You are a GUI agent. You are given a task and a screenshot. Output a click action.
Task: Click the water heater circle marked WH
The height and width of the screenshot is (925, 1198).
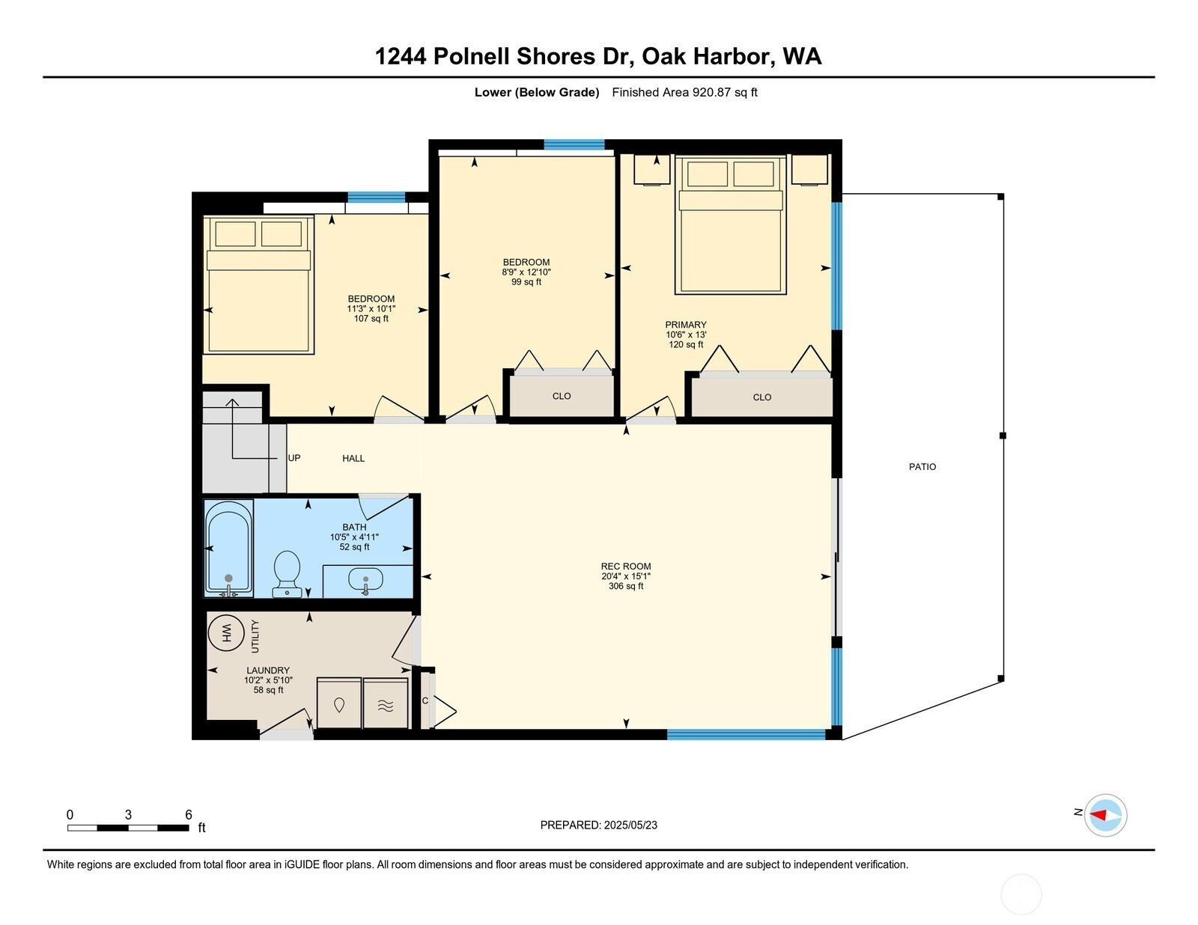tap(226, 633)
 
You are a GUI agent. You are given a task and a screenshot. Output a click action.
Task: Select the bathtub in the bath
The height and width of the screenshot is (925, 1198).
tap(229, 548)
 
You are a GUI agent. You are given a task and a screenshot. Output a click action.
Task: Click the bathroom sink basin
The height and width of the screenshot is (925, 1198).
tap(365, 579)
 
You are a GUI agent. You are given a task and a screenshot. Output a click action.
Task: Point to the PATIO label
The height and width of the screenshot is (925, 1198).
tap(922, 467)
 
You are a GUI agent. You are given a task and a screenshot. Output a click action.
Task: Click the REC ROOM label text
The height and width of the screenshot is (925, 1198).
tap(626, 566)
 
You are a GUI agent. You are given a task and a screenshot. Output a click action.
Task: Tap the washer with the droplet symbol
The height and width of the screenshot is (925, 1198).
tap(339, 703)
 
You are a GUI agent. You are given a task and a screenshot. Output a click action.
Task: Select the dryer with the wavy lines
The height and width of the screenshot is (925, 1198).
tap(386, 703)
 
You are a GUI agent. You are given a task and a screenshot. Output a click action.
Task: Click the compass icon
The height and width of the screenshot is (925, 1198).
tap(1105, 816)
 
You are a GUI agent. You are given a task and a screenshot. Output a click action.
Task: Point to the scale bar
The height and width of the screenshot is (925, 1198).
tap(128, 828)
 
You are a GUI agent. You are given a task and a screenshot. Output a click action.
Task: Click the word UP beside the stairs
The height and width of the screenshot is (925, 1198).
tap(294, 458)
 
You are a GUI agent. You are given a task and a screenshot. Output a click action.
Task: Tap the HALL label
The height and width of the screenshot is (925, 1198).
tap(353, 458)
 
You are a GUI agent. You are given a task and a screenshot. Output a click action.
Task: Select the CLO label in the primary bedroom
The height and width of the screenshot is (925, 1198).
tap(762, 397)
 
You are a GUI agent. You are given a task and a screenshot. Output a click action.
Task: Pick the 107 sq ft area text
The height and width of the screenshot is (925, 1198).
tap(371, 318)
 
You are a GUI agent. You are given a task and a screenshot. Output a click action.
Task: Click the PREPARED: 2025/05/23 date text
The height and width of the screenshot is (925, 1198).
tap(599, 825)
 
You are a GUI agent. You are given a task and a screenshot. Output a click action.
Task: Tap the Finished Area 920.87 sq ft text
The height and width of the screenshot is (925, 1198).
tap(684, 92)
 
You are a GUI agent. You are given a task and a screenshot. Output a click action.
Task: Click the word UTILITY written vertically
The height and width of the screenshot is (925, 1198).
tap(255, 636)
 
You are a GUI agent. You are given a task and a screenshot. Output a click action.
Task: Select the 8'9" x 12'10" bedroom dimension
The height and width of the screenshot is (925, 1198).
tap(526, 272)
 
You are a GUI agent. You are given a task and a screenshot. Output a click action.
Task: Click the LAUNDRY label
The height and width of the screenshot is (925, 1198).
tap(268, 670)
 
